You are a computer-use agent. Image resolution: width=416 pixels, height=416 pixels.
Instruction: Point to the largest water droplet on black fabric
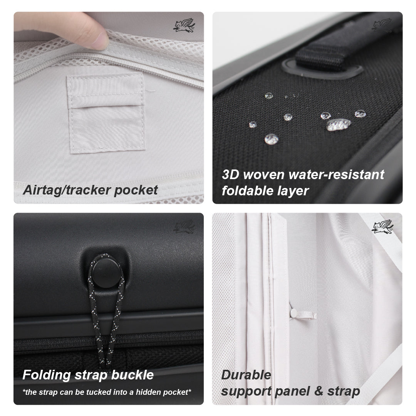point(339,124)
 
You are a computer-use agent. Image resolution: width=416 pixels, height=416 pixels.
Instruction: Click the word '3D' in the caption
point(230,174)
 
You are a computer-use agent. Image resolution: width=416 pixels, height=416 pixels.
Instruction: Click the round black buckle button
point(104,273)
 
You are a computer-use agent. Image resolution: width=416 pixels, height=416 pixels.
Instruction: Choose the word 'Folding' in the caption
point(47,375)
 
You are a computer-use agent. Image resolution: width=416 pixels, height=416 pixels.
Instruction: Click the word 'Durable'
point(246,375)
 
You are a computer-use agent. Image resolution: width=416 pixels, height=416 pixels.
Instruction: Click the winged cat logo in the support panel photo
point(382,227)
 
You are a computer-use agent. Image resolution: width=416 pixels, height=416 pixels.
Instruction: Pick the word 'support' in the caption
point(246,391)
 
